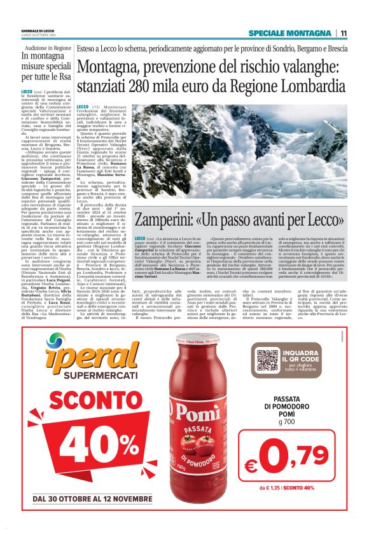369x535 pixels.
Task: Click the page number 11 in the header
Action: pos(344,33)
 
